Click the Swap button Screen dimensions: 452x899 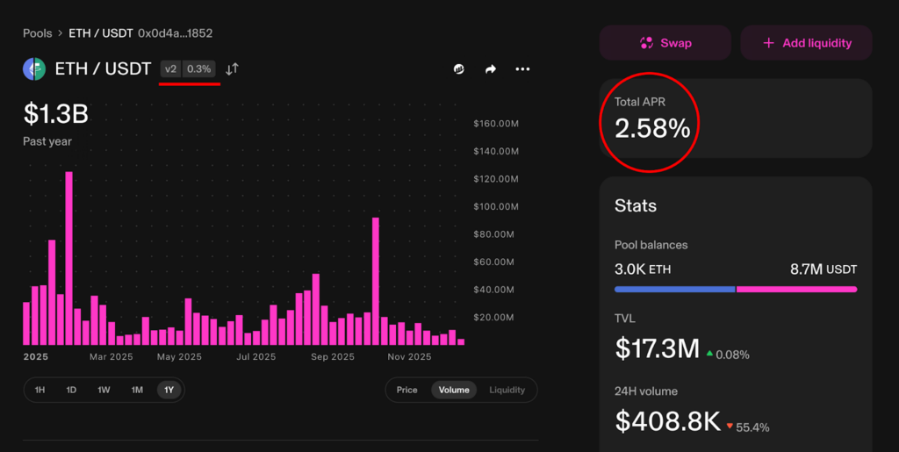pos(665,42)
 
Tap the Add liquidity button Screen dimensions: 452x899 pos(806,42)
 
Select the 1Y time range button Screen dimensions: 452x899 pos(169,390)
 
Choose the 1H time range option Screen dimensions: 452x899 pos(40,390)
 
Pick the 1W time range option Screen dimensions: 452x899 pos(104,390)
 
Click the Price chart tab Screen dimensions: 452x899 pos(406,390)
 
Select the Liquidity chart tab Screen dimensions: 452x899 pos(507,390)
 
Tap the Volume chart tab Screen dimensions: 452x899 pos(454,390)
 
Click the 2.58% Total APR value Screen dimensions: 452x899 pos(652,129)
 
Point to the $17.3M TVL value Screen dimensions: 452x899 pos(658,348)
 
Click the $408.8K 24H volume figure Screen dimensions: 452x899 pos(668,421)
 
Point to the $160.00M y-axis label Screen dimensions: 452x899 pos(495,124)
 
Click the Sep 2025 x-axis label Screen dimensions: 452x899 pos(333,357)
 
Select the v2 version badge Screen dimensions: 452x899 pos(171,68)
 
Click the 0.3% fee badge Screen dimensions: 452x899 pos(199,68)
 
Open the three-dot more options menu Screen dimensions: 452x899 pos(522,68)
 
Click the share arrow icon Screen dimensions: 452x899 pos(491,68)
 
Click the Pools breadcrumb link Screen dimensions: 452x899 pos(38,33)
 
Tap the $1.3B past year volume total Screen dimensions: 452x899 pos(55,114)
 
